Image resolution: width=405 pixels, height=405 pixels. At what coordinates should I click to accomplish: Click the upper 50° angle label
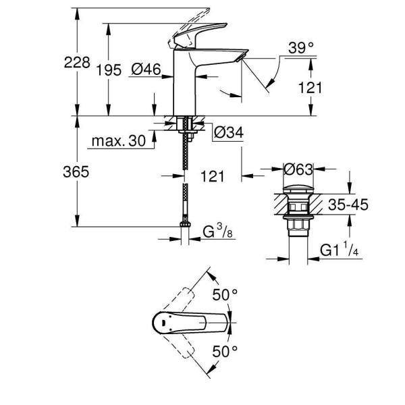[x=226, y=295]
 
